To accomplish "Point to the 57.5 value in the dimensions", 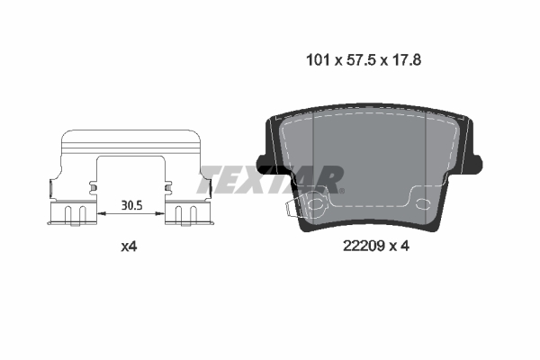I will tap(358, 61).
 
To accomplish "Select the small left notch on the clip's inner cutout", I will tap(94, 186).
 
